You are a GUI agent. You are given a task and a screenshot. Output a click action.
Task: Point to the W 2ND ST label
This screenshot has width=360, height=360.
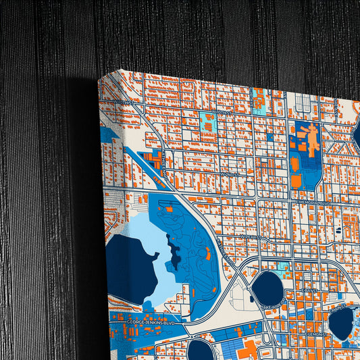[230, 173]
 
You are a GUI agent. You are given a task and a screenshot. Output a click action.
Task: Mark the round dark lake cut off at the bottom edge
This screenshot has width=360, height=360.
[201, 351]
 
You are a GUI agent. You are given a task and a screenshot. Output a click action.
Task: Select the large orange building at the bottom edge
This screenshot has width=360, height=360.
[247, 350]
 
